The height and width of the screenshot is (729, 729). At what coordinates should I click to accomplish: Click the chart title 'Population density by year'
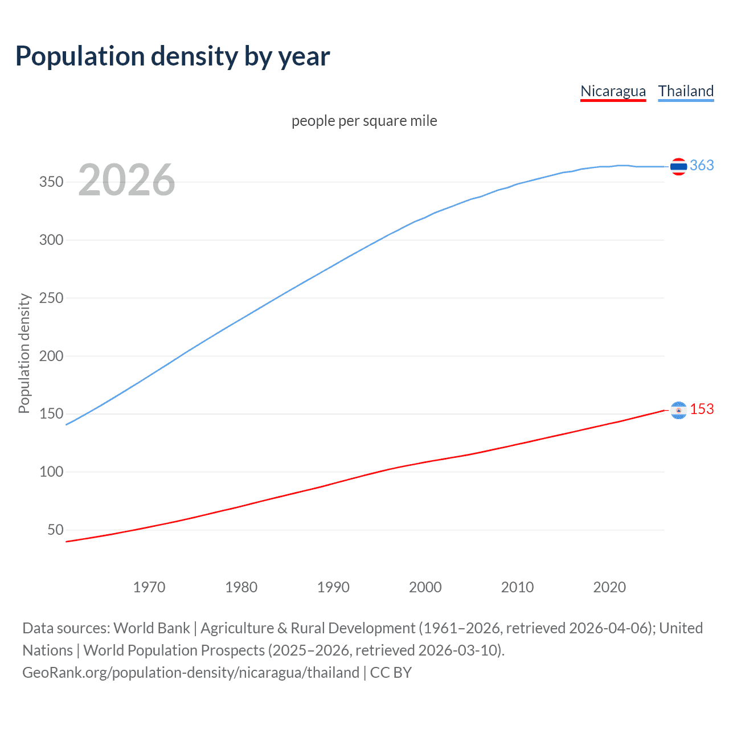tap(173, 56)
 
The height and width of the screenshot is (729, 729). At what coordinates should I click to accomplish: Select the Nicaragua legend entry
tap(613, 91)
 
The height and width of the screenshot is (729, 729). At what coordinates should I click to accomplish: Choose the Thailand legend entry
tap(686, 91)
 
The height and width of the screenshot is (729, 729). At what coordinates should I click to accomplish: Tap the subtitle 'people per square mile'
tap(364, 121)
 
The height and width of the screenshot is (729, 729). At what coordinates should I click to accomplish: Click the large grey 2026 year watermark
tap(126, 180)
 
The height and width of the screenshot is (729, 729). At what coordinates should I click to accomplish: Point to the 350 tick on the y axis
tap(51, 182)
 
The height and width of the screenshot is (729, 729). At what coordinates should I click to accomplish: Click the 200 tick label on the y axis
tap(51, 356)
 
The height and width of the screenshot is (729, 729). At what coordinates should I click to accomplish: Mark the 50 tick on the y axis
tap(55, 530)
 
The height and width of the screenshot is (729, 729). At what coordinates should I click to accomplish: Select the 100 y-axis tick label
tap(51, 472)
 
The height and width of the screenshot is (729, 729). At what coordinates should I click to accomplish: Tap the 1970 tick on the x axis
tap(149, 587)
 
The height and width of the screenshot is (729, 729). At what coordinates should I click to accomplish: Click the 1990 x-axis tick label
tap(333, 587)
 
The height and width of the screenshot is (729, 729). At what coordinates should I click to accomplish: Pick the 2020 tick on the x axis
tap(609, 587)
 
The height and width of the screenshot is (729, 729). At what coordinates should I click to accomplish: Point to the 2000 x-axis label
tap(425, 587)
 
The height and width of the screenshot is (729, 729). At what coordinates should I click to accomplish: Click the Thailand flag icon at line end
tap(678, 166)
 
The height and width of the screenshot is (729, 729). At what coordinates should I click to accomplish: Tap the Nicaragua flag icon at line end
tap(678, 410)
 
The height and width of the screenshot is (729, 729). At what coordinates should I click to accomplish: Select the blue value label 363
tap(702, 165)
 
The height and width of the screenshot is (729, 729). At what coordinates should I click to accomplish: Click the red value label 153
tap(702, 409)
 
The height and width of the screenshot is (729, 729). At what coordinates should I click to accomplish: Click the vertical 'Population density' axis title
tap(24, 353)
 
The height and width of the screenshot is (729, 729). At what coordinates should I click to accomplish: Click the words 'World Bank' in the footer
tap(151, 628)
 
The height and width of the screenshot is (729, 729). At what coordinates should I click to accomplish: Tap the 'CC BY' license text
tap(391, 673)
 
